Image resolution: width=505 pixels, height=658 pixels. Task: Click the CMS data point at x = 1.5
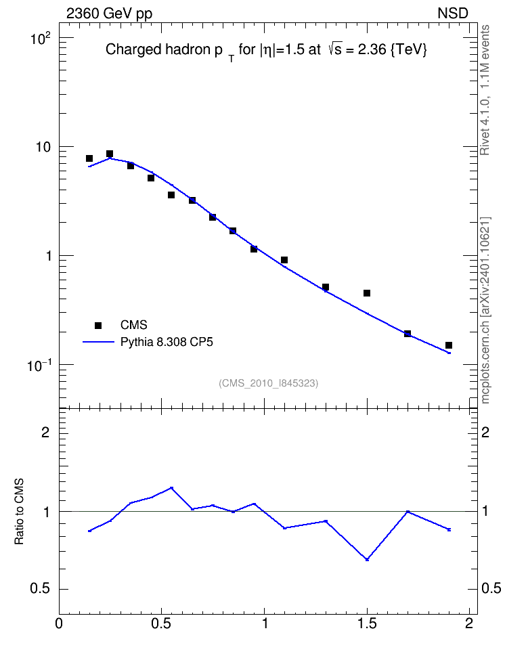(367, 293)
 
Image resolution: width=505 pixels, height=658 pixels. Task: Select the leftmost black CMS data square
(89, 158)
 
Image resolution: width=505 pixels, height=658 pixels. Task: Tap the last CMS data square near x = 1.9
(449, 345)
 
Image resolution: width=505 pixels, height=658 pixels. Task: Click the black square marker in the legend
(98, 325)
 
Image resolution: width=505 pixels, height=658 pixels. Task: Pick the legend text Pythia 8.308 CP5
(167, 342)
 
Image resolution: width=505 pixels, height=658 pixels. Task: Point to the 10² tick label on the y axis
(41, 39)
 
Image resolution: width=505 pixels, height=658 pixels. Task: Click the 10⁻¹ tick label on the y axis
(39, 366)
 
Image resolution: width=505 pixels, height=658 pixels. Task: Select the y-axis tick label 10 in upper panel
(43, 148)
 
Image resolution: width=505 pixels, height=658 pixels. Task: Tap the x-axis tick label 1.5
(368, 623)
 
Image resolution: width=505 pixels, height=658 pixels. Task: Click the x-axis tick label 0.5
(161, 623)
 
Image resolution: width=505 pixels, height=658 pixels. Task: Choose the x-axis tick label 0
(59, 623)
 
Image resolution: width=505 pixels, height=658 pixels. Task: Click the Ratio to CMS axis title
(19, 511)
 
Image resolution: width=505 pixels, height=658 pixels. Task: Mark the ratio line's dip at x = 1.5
(368, 559)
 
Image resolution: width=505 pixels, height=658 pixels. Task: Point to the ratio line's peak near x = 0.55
(171, 488)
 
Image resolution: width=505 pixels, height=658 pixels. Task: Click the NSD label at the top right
(453, 14)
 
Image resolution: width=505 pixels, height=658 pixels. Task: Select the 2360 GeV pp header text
(109, 14)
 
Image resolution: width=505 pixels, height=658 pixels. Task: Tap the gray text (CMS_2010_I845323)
(269, 383)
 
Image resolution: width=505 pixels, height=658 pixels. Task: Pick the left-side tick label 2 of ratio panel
(45, 432)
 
